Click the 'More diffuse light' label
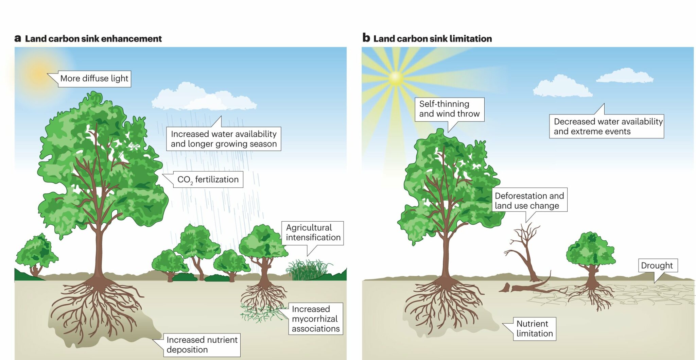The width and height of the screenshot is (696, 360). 94,79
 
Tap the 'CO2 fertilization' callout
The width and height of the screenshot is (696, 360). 208,179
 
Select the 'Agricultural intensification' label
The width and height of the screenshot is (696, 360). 313,233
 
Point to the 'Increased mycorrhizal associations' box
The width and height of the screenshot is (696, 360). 315,319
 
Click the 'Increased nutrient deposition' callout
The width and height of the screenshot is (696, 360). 202,345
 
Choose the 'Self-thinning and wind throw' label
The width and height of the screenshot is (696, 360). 449,109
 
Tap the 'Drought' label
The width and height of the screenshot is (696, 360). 657,265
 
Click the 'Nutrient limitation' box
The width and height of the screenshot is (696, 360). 534,329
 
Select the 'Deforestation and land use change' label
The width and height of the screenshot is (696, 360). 529,201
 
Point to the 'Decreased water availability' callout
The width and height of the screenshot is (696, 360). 607,126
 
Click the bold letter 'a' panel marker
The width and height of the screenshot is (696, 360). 18,38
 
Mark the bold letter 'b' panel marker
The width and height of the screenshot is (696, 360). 366,38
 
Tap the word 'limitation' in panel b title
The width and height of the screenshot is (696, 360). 471,39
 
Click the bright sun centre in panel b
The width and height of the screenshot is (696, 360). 396,78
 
